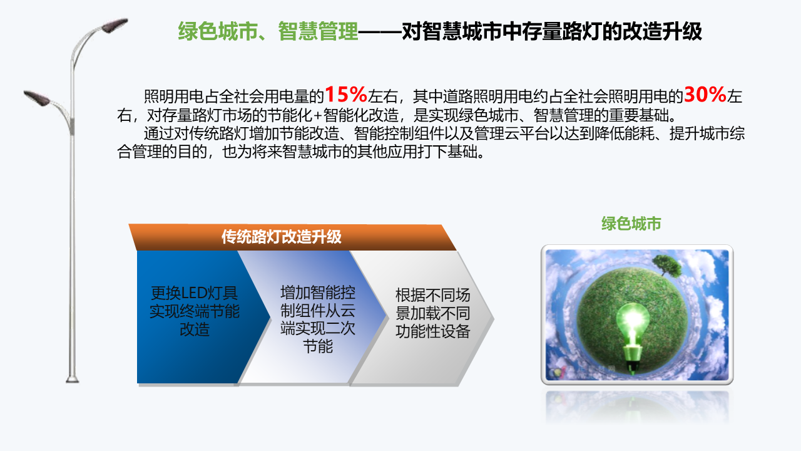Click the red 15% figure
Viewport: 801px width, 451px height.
click(346, 95)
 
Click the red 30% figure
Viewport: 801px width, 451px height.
click(705, 95)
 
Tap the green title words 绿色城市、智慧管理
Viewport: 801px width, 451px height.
click(268, 31)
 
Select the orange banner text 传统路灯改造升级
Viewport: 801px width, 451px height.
click(282, 237)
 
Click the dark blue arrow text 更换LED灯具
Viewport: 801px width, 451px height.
click(194, 293)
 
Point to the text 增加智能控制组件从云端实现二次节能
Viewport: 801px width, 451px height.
click(317, 319)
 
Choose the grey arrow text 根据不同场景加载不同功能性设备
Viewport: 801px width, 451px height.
click(432, 313)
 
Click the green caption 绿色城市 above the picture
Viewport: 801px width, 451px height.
click(631, 224)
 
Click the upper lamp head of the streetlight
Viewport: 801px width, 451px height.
click(115, 26)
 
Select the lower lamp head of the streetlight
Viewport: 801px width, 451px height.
click(37, 98)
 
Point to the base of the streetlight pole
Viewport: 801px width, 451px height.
click(72, 379)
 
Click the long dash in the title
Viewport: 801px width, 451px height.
click(380, 32)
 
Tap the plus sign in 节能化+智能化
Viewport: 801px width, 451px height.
click(317, 116)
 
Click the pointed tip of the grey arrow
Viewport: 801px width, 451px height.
click(494, 318)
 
